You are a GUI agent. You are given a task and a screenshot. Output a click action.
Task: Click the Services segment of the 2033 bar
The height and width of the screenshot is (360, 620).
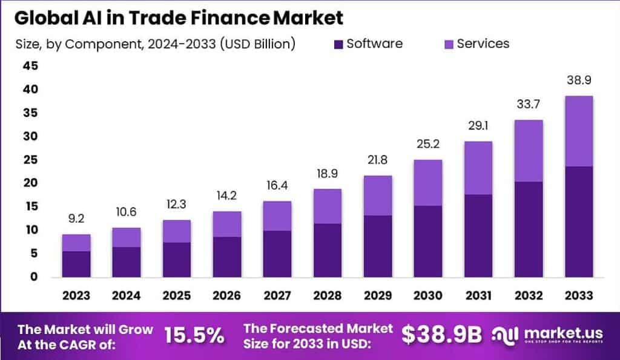[x=578, y=131]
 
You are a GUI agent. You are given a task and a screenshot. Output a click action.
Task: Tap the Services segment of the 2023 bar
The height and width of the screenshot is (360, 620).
[x=76, y=243]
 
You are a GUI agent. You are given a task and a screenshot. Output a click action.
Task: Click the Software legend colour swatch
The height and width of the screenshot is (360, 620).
[x=338, y=44]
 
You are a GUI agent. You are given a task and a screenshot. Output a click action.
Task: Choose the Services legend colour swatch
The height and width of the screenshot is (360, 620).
[x=449, y=44]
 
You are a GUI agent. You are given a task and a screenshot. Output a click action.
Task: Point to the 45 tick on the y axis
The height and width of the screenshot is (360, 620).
[x=30, y=66]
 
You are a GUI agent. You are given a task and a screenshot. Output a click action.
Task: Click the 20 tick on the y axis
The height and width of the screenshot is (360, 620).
[x=30, y=183]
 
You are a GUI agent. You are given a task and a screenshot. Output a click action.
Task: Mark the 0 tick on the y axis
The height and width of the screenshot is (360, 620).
[x=34, y=277]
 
